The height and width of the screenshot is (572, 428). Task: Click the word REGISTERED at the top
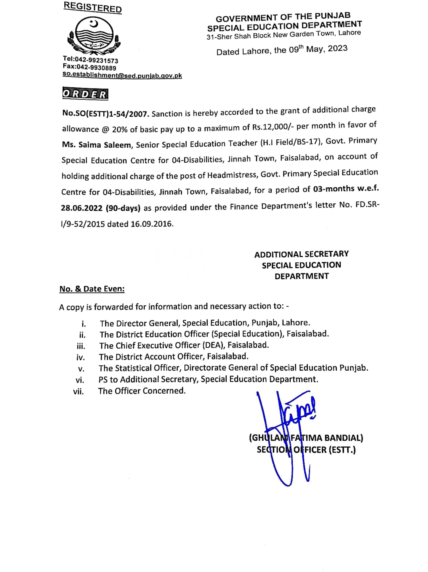pos(93,7)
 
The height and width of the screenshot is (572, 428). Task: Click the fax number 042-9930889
pos(96,68)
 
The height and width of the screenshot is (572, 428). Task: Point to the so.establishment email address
pos(122,75)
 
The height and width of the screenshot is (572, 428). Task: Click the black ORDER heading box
pos(85,94)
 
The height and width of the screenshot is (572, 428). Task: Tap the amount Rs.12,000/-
pos(273,127)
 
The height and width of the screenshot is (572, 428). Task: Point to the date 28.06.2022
pos(82,208)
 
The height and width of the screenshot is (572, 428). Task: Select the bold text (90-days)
pos(123,208)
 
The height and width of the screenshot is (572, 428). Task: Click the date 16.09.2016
pos(152,224)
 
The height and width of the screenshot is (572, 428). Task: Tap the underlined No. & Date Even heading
pos(92,289)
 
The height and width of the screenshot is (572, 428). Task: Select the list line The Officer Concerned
pos(142,391)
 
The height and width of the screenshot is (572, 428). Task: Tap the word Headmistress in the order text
pos(233,175)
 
